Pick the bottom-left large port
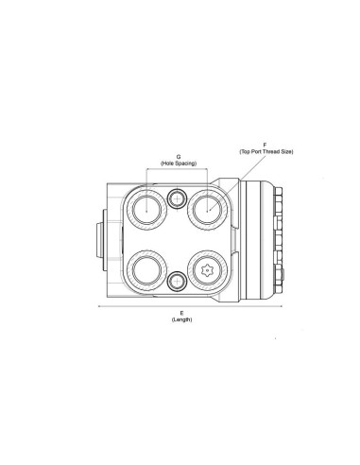pyautogui.click(x=147, y=271)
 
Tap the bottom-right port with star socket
pyautogui.click(x=207, y=271)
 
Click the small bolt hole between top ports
pyautogui.click(x=177, y=197)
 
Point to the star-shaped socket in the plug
pyautogui.click(x=207, y=271)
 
